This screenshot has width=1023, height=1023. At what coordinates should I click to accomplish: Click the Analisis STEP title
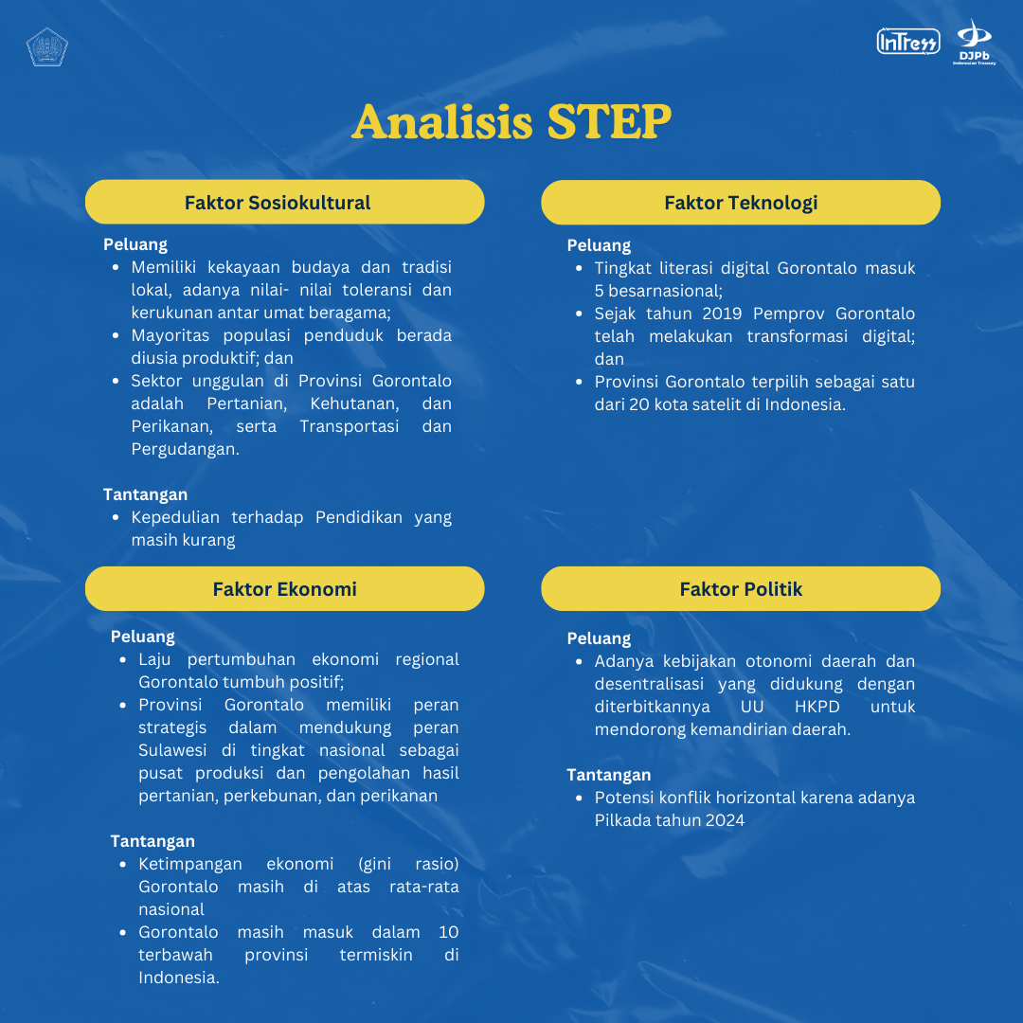(511, 122)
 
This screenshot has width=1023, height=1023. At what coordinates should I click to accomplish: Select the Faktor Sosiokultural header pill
(284, 203)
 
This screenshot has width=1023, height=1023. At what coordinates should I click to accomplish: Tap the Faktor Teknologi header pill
(741, 203)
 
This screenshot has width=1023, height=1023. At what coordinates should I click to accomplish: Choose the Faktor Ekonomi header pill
(284, 589)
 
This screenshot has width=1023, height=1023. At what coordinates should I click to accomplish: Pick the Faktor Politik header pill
(741, 589)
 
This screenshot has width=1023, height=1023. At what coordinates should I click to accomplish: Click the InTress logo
(908, 42)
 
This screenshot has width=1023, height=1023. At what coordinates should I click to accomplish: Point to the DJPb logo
(974, 43)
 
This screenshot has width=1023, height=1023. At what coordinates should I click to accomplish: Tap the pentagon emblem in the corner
(46, 46)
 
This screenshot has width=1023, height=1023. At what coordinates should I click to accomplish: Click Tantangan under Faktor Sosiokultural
(145, 494)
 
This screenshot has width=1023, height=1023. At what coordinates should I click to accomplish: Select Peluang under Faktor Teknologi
(599, 245)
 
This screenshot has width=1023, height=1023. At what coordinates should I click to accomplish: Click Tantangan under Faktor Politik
(609, 775)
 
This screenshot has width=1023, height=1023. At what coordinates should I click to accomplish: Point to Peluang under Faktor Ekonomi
(142, 637)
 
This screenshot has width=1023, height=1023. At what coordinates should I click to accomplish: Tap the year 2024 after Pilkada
(725, 820)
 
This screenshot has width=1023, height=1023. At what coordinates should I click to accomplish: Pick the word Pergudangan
(186, 449)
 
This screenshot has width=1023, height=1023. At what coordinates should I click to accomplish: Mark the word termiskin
(376, 955)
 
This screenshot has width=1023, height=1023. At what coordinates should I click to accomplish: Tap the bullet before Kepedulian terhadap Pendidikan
(116, 517)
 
